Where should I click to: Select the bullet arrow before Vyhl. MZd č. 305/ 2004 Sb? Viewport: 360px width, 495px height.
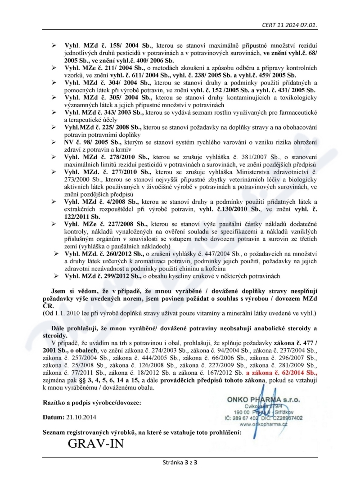pos(53,98)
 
